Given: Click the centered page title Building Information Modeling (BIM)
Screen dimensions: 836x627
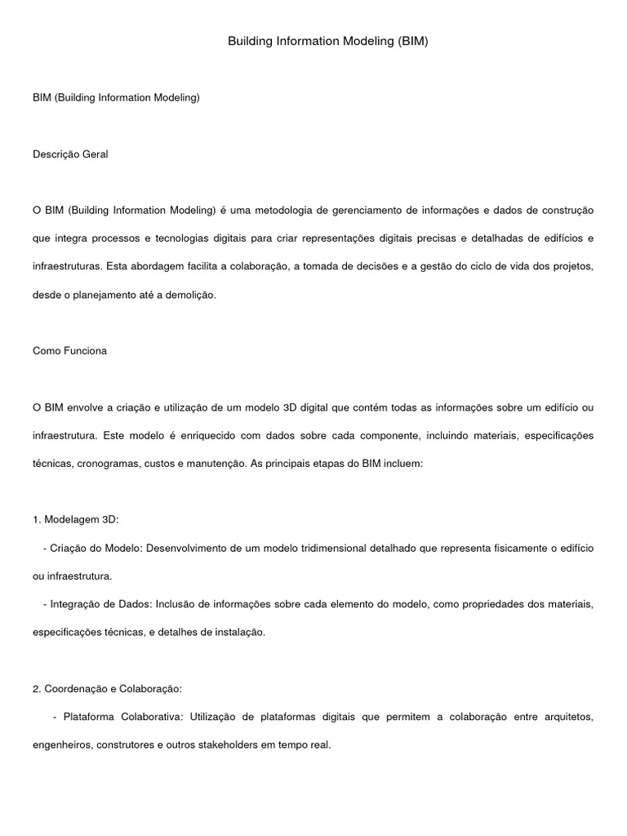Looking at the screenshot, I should pyautogui.click(x=327, y=41).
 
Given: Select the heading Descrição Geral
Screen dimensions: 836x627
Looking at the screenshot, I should pyautogui.click(x=70, y=153).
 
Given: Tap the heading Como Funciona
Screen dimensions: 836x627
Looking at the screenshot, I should pyautogui.click(x=69, y=351).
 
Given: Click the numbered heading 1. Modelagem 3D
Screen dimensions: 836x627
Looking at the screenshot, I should pyautogui.click(x=76, y=519).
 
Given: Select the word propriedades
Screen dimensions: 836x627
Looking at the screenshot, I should pyautogui.click(x=456, y=604).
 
